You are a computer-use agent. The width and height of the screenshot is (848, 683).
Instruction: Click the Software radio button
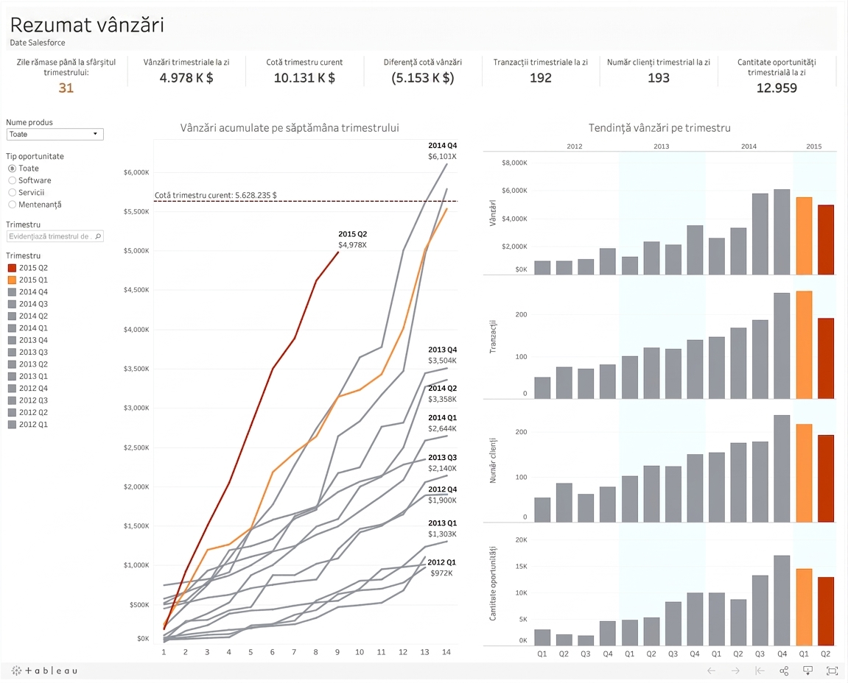click(x=12, y=180)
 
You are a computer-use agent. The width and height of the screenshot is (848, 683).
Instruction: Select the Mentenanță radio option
click(x=12, y=205)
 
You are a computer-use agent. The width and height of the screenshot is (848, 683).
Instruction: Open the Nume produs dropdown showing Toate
click(x=55, y=134)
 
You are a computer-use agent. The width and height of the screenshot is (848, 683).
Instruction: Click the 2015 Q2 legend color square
click(x=12, y=268)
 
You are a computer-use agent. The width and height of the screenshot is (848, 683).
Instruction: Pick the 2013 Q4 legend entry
click(x=28, y=340)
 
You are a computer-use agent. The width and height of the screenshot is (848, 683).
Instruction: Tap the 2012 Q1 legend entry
click(x=28, y=424)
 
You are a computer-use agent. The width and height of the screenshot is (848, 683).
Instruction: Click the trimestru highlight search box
click(x=55, y=236)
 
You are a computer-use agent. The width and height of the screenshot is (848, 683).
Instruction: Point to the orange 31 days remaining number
click(x=66, y=88)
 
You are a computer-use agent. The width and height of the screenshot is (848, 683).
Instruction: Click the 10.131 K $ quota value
click(x=304, y=78)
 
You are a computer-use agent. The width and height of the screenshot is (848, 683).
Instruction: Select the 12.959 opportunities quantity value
click(x=777, y=88)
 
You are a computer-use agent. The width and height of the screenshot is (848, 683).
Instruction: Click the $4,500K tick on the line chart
click(x=136, y=290)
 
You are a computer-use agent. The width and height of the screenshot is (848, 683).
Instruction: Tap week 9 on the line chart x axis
click(x=337, y=652)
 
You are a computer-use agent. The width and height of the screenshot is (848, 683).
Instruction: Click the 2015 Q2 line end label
click(x=353, y=239)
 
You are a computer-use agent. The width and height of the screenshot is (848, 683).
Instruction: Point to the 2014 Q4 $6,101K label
click(x=442, y=151)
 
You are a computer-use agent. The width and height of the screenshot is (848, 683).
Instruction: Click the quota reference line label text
click(x=216, y=195)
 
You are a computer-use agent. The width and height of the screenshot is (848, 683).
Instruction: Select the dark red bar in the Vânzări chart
click(x=826, y=240)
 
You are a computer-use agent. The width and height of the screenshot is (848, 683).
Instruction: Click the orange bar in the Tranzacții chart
click(x=805, y=344)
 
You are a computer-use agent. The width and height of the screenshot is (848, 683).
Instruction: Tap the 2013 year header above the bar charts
click(x=662, y=146)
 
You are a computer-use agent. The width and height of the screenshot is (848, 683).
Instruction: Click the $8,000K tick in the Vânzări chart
click(x=514, y=163)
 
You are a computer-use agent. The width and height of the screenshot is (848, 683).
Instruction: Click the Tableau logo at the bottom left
click(x=44, y=670)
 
